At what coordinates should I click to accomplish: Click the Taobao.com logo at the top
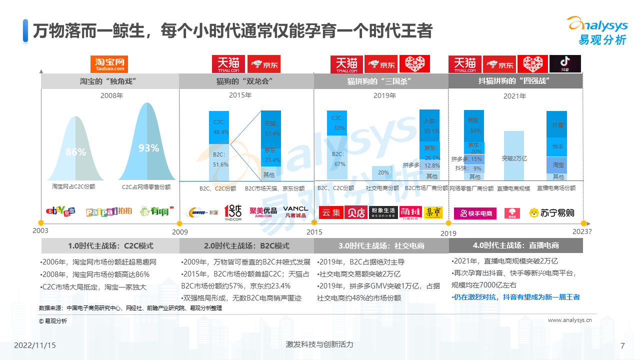[109, 64]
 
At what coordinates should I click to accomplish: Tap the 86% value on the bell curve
[76, 152]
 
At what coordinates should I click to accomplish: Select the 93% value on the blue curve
[148, 148]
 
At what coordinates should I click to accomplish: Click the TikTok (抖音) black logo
[565, 64]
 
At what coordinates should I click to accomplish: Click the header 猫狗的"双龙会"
[246, 81]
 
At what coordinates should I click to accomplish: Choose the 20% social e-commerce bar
[383, 172]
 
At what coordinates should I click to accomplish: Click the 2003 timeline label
[40, 230]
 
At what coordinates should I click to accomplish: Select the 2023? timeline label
[582, 231]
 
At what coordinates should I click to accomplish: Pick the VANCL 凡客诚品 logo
[295, 211]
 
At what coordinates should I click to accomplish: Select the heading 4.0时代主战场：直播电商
[515, 245]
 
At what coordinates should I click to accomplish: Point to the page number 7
[622, 345]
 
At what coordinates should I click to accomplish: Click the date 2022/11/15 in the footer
[35, 345]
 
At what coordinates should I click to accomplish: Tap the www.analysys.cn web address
[570, 320]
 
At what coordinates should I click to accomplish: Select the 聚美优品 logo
[263, 212]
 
